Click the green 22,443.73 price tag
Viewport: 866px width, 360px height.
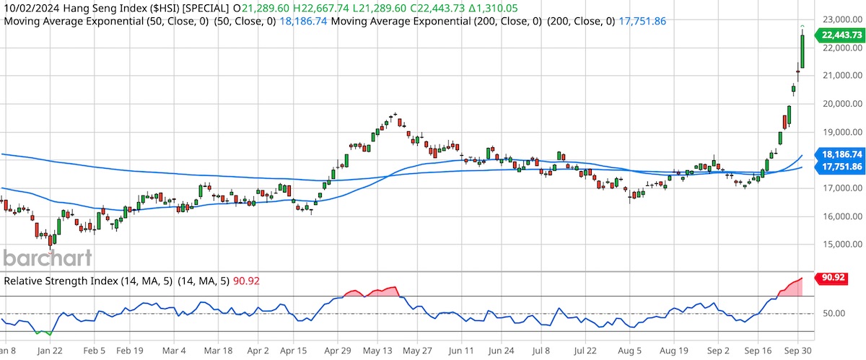(838, 35)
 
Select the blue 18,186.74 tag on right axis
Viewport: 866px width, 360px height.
(838, 154)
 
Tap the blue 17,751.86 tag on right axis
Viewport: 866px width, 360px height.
(838, 167)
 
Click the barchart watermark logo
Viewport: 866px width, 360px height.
(47, 258)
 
